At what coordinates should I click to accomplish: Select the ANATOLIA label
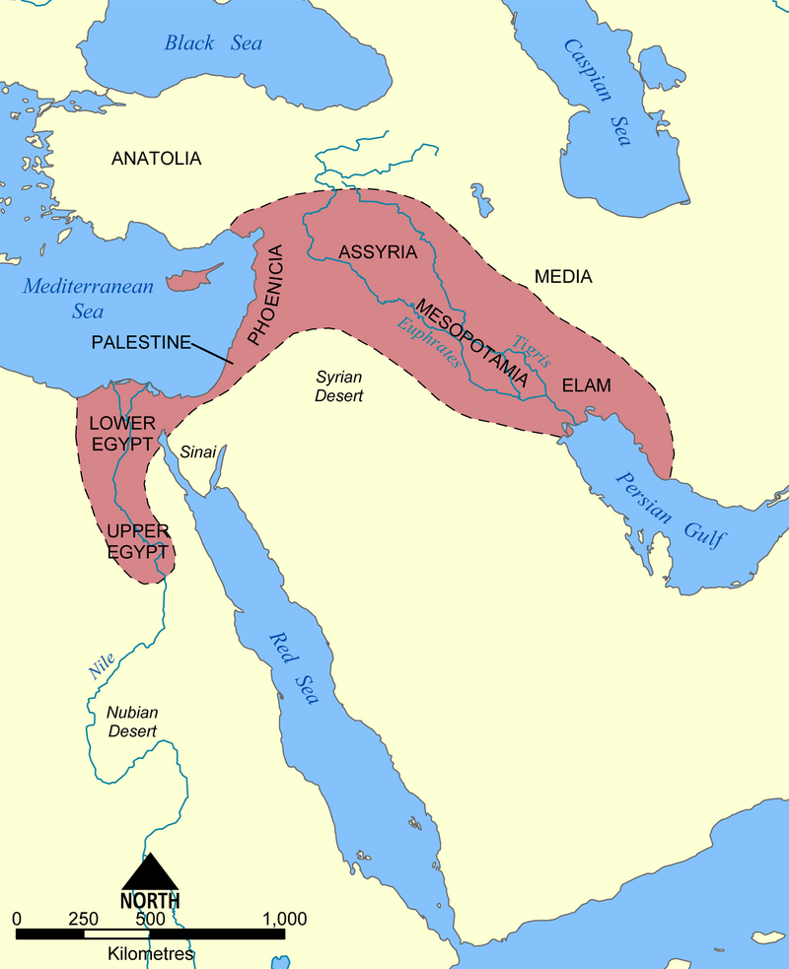click(156, 158)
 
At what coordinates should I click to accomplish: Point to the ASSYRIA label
click(378, 251)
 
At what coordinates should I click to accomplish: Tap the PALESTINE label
click(140, 342)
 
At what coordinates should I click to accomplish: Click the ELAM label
click(587, 386)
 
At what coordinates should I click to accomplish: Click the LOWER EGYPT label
click(121, 433)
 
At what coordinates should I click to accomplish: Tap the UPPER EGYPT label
click(139, 541)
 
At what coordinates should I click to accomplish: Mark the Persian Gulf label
click(671, 510)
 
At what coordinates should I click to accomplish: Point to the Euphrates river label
click(429, 342)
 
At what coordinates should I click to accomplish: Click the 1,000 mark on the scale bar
click(286, 918)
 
